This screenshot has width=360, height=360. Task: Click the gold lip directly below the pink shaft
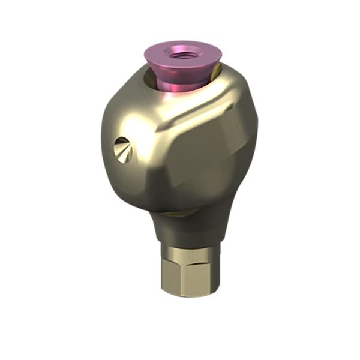tap(180, 97)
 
